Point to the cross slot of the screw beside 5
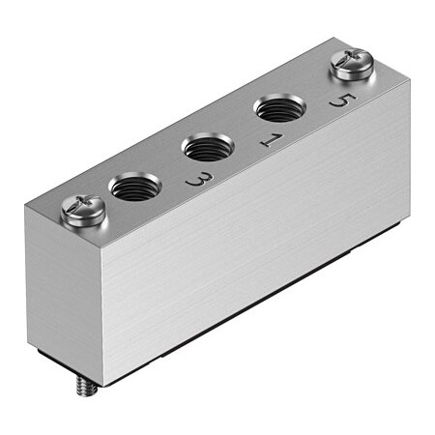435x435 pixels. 349,63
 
